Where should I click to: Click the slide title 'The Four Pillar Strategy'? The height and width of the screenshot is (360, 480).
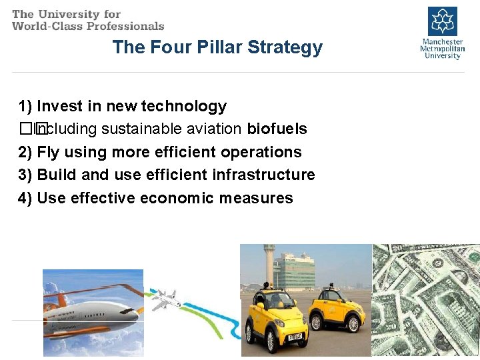pyautogui.click(x=217, y=47)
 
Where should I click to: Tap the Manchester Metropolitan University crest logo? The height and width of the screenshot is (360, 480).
pyautogui.click(x=442, y=21)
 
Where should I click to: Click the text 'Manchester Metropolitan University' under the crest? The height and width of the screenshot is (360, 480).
pyautogui.click(x=441, y=49)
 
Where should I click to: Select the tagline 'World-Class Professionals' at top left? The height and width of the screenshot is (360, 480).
pyautogui.click(x=88, y=26)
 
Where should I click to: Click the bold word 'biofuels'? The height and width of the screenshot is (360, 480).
pyautogui.click(x=277, y=129)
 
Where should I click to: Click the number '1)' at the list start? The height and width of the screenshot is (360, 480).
pyautogui.click(x=25, y=106)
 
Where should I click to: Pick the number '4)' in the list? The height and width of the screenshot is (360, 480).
pyautogui.click(x=25, y=198)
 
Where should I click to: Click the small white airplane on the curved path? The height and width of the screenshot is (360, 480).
pyautogui.click(x=165, y=300)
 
